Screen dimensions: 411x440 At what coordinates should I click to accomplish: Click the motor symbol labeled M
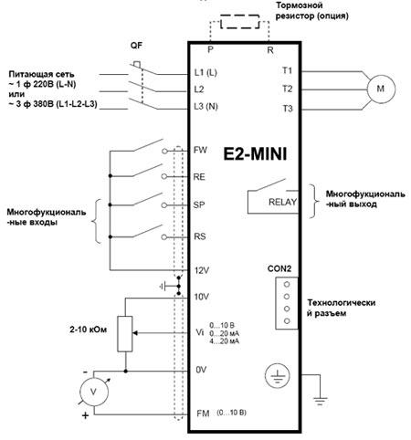coord(381,89)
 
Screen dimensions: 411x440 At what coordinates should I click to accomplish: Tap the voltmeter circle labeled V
coord(94,392)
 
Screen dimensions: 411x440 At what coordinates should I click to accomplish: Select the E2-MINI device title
coord(255,154)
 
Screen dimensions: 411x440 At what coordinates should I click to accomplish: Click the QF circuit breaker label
coord(136,46)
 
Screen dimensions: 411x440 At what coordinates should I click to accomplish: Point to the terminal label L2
coord(199,89)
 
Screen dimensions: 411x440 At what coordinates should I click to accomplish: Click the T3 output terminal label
coord(288,109)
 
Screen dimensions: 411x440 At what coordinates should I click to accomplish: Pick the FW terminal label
coord(200,150)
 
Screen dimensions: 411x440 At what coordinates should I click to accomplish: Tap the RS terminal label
coord(200,236)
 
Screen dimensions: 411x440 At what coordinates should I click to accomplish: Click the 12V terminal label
coord(202,270)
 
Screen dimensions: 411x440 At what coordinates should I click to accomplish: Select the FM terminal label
coord(203,414)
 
